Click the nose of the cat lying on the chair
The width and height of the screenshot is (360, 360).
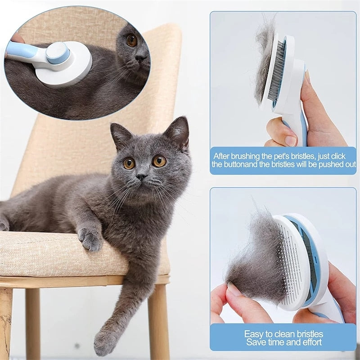click(142, 176)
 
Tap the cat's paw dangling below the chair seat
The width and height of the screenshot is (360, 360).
click(105, 342)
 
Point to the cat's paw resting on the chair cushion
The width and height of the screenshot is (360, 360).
click(90, 238)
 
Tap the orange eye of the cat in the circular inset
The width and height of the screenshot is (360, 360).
click(132, 40)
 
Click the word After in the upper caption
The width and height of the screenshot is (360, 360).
click(224, 156)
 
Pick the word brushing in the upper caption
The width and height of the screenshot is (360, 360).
click(253, 156)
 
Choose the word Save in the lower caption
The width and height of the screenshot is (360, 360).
click(255, 342)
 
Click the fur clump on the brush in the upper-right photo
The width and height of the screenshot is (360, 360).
click(265, 58)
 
